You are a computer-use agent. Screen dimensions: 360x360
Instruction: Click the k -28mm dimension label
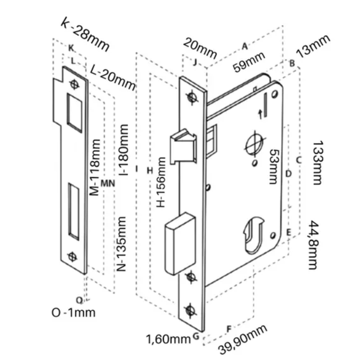85,35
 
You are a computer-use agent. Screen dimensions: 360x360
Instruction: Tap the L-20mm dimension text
113,77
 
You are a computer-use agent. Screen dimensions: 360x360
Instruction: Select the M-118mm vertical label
95,167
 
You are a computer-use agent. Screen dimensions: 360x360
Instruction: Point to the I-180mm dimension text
124,150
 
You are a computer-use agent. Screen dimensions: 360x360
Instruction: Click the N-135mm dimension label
121,244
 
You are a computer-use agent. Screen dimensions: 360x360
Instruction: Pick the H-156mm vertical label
161,182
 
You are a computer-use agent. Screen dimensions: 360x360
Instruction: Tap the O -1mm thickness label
73,312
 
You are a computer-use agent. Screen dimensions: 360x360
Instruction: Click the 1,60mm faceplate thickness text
168,339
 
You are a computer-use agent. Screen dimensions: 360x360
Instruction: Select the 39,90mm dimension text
243,340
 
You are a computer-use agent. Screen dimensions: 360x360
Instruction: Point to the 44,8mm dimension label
313,245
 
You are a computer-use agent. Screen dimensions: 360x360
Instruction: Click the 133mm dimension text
318,163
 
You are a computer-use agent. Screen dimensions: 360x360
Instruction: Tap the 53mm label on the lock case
274,166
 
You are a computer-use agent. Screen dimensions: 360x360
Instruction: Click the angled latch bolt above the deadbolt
183,147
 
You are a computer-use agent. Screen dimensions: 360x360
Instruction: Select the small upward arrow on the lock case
261,114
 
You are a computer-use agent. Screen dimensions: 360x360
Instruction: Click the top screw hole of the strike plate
74,85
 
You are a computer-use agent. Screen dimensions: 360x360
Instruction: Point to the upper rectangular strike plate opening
75,113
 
